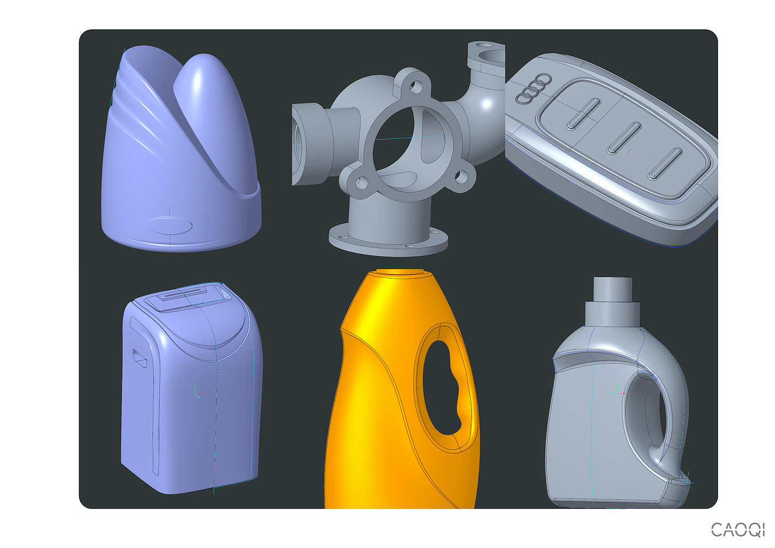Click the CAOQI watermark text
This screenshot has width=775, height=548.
[x=737, y=530]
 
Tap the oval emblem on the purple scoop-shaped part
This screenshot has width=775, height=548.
[x=170, y=226]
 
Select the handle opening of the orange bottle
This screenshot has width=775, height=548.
[x=446, y=388]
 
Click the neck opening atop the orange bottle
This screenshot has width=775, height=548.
[x=400, y=272]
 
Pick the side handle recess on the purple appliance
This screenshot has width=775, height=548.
[x=139, y=359]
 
